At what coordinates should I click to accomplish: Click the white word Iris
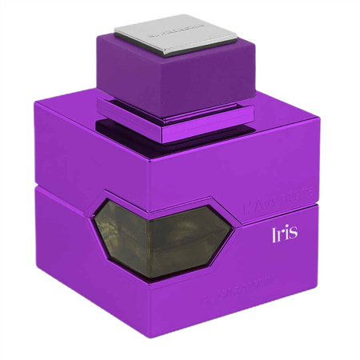(x=285, y=233)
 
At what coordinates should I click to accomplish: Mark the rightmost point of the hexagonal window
(x=234, y=234)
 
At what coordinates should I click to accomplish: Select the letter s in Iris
(x=294, y=234)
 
